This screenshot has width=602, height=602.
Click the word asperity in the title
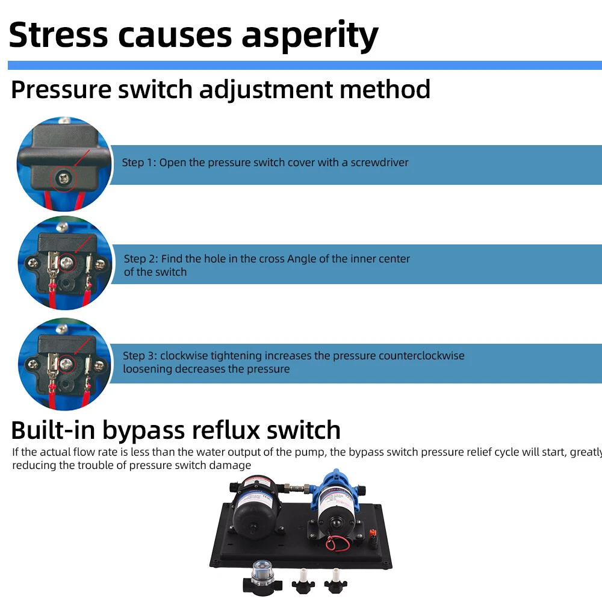pyautogui.click(x=309, y=36)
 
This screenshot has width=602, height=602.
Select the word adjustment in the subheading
pyautogui.click(x=265, y=90)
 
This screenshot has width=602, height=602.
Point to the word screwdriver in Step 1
pyautogui.click(x=379, y=163)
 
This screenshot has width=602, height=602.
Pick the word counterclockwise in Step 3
pyautogui.click(x=421, y=356)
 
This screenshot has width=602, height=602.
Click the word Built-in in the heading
pyautogui.click(x=53, y=430)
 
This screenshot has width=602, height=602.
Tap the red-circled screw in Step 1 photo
pyautogui.click(x=62, y=179)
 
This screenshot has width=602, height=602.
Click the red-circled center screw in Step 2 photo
pyautogui.click(x=67, y=264)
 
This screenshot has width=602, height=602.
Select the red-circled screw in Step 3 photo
pyautogui.click(x=67, y=364)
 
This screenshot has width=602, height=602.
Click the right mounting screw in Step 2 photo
pyautogui.click(x=100, y=264)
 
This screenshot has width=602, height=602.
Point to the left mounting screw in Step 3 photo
pyautogui.click(x=33, y=364)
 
